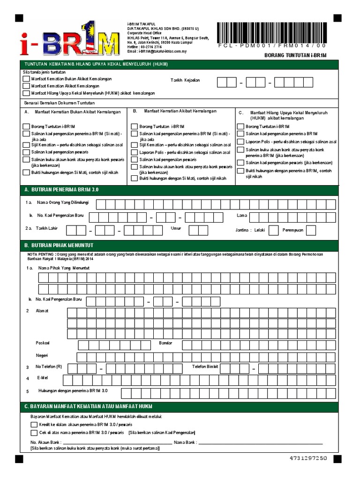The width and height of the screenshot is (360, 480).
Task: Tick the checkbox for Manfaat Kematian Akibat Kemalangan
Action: pyautogui.click(x=26, y=86)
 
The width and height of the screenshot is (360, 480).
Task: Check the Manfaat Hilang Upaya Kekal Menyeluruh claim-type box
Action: pyautogui.click(x=26, y=93)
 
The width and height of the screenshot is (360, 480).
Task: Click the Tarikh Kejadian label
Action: pyautogui.click(x=185, y=80)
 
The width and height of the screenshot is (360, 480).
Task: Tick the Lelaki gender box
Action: pyautogui.click(x=274, y=230)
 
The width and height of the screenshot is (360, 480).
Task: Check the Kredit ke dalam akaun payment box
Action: pyautogui.click(x=34, y=424)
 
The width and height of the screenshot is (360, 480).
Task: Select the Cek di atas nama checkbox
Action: pyautogui.click(x=34, y=432)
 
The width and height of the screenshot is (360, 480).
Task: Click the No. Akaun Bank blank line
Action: pyautogui.click(x=117, y=442)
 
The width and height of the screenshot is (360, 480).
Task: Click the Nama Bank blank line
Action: pyautogui.click(x=261, y=442)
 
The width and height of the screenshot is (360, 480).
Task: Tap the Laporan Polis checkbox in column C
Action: pyautogui.click(x=240, y=142)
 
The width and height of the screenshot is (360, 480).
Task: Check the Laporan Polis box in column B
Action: pyautogui.click(x=134, y=152)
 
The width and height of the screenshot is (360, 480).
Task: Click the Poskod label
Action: pyautogui.click(x=43, y=343)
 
